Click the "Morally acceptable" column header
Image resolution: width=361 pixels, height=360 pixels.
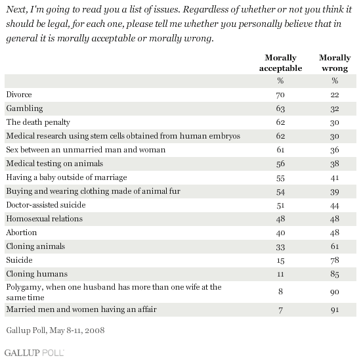pos(280,63)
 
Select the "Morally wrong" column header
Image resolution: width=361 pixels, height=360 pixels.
pos(335,63)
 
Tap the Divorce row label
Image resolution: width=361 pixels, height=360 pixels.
pos(19,95)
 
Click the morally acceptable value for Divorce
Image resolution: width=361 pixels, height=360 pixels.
pos(280,95)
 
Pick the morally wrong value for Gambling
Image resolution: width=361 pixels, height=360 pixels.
pos(335,108)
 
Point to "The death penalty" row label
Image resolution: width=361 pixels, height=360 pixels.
pos(38,122)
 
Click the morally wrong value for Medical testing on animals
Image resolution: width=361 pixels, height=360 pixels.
pos(335,164)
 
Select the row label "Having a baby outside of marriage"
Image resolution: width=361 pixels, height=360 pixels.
pos(66,177)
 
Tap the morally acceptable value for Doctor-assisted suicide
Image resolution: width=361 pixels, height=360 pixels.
pos(280,205)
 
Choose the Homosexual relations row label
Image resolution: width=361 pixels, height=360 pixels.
pos(45,219)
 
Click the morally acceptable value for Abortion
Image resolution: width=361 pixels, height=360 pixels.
pos(280,233)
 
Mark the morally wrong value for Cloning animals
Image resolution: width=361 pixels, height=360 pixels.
pos(335,246)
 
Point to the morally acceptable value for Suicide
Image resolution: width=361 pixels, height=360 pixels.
pos(280,260)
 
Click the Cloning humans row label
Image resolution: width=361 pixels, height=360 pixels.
pos(37,274)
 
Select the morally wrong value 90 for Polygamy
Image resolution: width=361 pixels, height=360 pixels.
pos(335,292)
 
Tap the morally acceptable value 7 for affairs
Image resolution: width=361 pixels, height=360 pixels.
pos(280,310)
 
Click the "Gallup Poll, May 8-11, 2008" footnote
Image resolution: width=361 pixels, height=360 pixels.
pos(55,330)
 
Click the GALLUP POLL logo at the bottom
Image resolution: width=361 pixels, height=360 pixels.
pos(34,353)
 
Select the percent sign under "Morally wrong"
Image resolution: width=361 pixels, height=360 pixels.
pos(335,81)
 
